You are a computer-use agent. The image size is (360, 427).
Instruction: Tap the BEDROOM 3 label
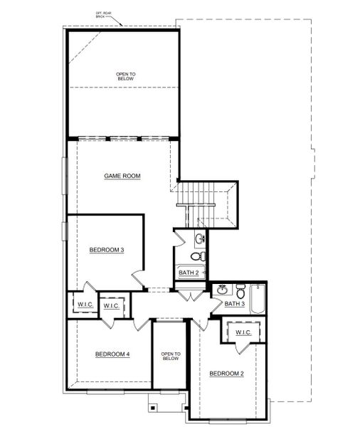click(x=107, y=250)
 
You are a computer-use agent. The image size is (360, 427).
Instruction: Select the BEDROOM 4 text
click(x=112, y=354)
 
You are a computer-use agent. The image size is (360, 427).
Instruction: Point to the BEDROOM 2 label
click(x=227, y=373)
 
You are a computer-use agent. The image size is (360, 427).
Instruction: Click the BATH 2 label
click(x=189, y=273)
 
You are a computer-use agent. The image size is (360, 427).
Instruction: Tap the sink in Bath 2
click(x=201, y=238)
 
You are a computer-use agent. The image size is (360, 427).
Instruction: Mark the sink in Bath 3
click(x=223, y=289)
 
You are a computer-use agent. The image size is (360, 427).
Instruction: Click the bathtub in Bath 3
click(x=258, y=297)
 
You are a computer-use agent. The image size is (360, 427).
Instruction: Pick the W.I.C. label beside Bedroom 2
click(x=243, y=332)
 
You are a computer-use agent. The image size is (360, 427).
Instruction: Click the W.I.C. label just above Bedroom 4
click(x=111, y=305)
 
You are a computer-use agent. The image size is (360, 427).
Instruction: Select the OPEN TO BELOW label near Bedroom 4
click(x=170, y=356)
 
